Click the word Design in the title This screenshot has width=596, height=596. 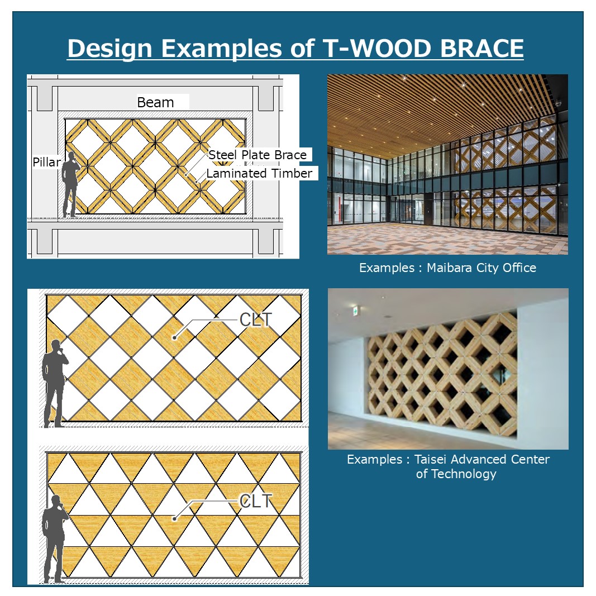click(110, 49)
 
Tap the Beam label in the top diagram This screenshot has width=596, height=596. click(155, 102)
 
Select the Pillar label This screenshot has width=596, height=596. click(46, 163)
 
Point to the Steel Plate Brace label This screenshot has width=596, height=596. click(258, 155)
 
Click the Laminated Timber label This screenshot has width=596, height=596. click(259, 173)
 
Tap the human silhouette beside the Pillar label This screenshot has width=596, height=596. click(70, 184)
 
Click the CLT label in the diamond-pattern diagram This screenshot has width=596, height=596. click(256, 320)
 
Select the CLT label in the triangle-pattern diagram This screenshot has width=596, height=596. click(256, 501)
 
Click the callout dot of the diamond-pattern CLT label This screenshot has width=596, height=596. click(174, 337)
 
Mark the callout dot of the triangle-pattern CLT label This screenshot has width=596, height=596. click(174, 518)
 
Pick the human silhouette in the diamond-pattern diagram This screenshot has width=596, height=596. click(55, 384)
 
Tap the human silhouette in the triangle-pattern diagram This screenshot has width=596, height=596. click(55, 538)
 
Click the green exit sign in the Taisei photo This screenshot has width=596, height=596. click(355, 311)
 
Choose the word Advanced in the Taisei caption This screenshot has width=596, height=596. click(479, 460)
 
